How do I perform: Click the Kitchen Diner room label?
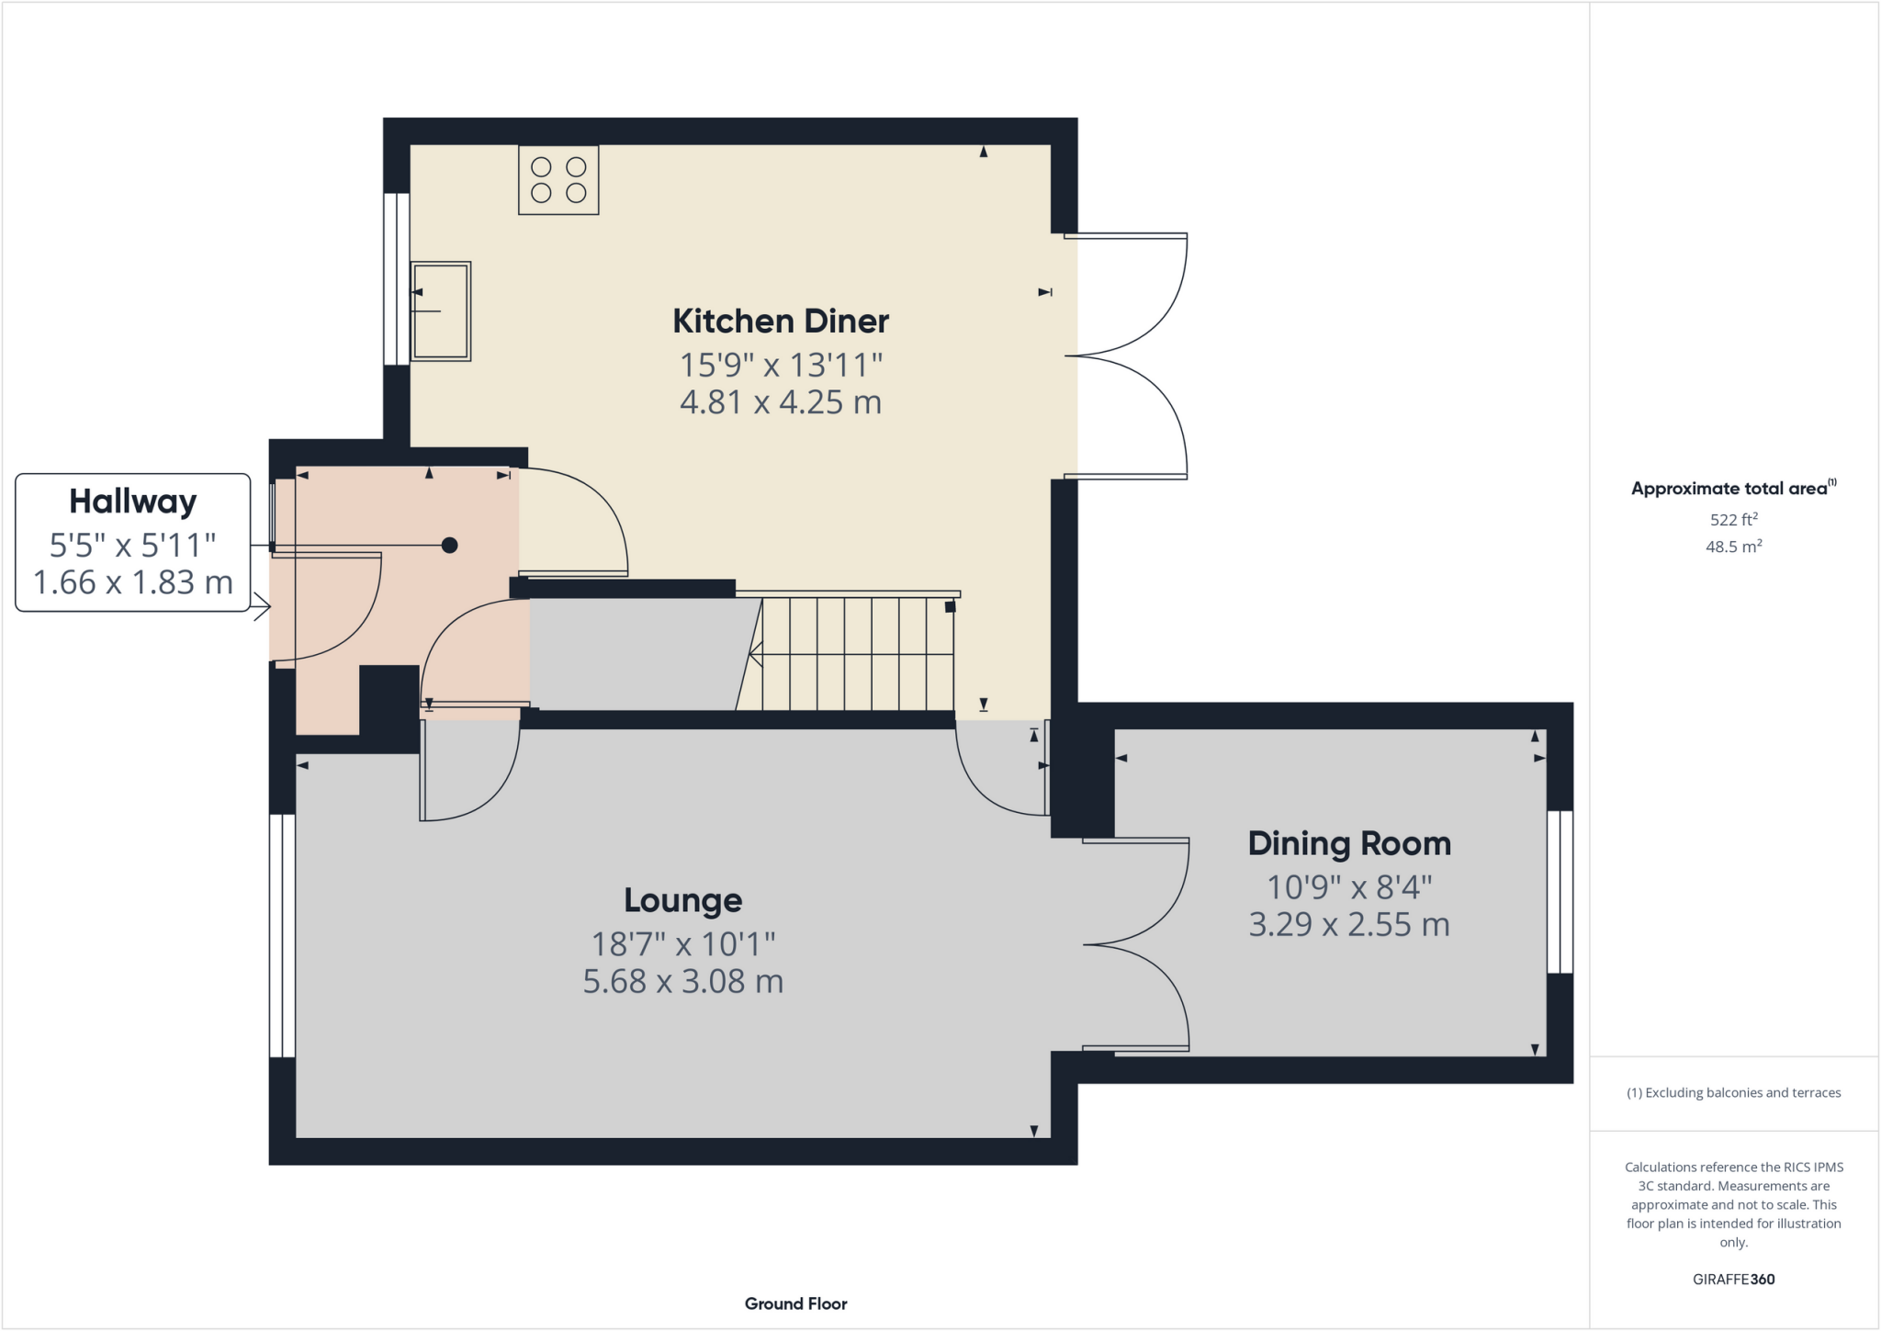781,321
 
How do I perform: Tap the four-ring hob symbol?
558,180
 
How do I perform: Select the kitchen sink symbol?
441,311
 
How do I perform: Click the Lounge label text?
682,901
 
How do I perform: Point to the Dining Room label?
1348,844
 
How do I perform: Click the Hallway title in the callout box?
133,502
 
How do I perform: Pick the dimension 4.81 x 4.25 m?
781,402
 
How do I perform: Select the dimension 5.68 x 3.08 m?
682,982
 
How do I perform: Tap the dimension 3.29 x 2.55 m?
1348,924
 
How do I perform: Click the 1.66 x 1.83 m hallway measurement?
133,582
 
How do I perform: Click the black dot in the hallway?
449,546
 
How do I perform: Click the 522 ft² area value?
1733,519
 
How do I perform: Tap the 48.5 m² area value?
1733,547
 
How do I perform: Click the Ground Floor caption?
795,1303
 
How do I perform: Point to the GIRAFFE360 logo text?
1733,1279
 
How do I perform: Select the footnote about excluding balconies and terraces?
1733,1093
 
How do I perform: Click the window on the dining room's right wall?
1560,891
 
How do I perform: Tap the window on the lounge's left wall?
282,935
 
